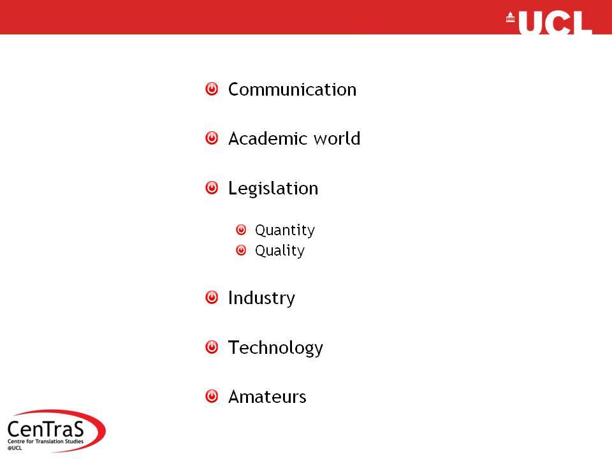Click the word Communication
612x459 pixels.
point(293,89)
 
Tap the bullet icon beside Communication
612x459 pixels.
point(212,89)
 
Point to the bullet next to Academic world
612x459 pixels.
point(212,138)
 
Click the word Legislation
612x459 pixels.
point(273,189)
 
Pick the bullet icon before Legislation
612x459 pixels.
point(212,187)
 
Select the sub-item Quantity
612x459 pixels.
point(285,230)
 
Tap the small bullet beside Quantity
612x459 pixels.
point(241,229)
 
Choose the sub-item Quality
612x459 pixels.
point(280,251)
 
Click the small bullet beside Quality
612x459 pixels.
point(241,250)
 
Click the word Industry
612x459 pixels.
point(261,298)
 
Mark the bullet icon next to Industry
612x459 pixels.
point(212,298)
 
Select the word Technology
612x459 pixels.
point(275,348)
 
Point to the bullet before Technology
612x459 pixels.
point(212,347)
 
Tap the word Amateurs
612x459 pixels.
point(267,397)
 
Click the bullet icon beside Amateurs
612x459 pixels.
point(212,396)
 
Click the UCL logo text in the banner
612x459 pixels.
point(555,23)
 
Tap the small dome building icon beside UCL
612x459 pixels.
point(510,17)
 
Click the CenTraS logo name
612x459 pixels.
point(46,429)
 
